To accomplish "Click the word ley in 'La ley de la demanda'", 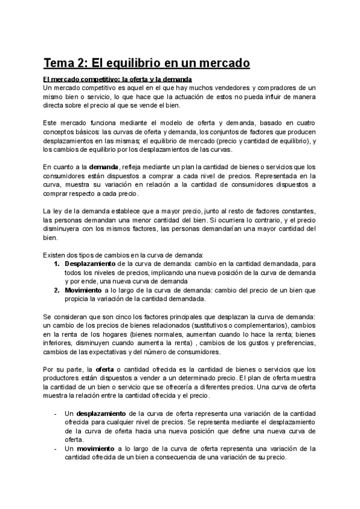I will pyautogui.click(x=58, y=211).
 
